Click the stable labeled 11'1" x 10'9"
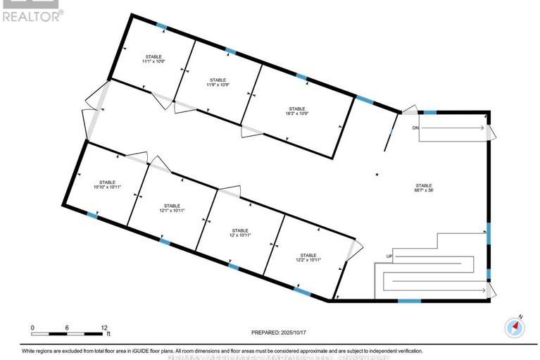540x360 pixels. click(153, 59)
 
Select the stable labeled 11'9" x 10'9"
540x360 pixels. click(218, 83)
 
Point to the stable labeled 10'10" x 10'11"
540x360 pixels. click(108, 185)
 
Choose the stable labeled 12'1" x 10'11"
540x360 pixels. click(171, 209)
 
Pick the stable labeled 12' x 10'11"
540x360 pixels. click(240, 233)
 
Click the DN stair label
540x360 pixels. click(415, 128)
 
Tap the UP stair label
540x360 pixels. click(388, 256)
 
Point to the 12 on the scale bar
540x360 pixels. click(103, 328)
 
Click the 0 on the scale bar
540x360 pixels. click(32, 328)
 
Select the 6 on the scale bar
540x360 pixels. click(67, 328)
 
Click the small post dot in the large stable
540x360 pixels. click(377, 174)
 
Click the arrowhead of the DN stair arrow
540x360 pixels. click(482, 128)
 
